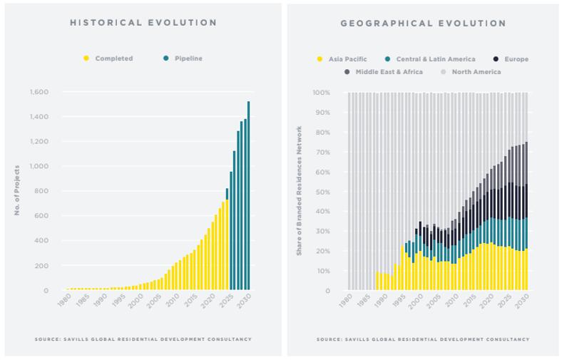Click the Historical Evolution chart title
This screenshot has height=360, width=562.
pos(143,23)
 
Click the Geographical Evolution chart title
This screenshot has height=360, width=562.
pos(423,24)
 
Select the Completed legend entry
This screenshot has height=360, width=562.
pos(113,58)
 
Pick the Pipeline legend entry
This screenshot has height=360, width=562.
pos(188,58)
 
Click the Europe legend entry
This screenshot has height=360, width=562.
pos(515,59)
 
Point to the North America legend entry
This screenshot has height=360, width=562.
pos(476,72)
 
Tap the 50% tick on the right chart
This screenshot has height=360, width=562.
pos(322,192)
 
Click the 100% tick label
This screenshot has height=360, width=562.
pos(320,93)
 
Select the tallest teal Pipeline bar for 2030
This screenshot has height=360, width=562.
pos(248,195)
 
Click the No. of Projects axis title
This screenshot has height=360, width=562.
pos(16,191)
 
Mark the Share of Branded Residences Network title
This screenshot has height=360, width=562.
pos(300,191)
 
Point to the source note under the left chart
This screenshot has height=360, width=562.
pos(143,339)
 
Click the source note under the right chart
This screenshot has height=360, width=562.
pos(423,339)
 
